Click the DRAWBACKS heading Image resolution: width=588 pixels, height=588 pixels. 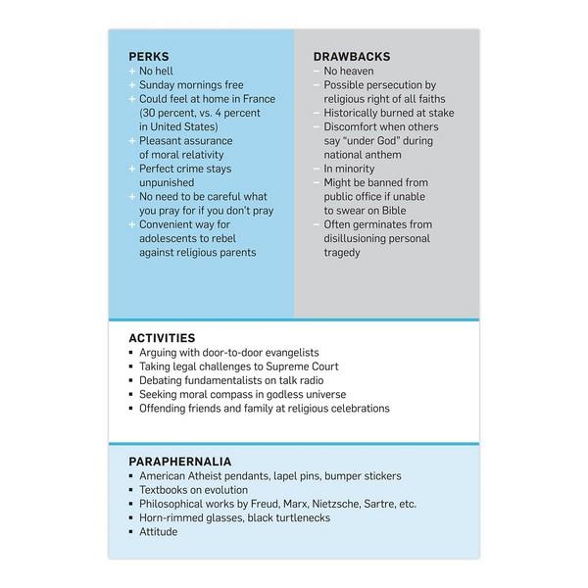349,57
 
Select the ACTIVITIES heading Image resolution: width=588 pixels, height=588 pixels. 161,337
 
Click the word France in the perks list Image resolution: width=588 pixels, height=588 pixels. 256,99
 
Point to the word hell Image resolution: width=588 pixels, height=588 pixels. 171,72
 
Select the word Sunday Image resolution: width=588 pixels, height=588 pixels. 161,85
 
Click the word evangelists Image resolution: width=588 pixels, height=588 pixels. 303,352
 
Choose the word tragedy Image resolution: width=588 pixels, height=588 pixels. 345,253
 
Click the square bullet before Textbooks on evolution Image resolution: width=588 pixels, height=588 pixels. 131,490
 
